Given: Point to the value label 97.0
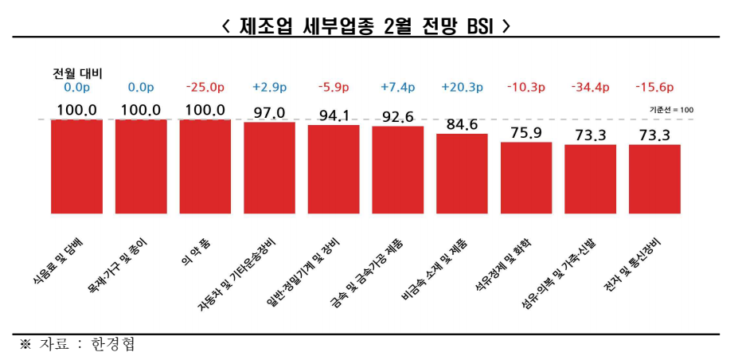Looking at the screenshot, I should coord(269,113).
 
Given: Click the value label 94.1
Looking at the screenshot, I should coord(334,116).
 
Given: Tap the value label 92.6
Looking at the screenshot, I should coord(397,117).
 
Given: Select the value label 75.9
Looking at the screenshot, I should coord(526,133).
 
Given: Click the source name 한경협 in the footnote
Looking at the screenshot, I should coord(125,343).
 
